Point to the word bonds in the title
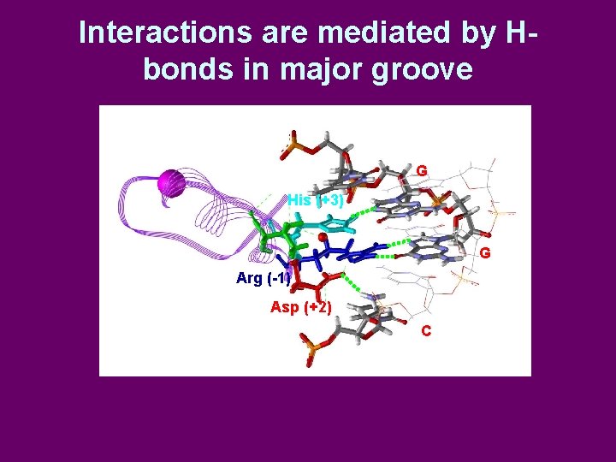(182, 68)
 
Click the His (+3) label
(315, 200)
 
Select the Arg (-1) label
(263, 278)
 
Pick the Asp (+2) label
(301, 307)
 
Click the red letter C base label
(426, 330)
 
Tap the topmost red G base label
(422, 171)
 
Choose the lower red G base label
(485, 253)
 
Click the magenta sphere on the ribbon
(172, 182)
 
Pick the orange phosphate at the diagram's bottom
(313, 350)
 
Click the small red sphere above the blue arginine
(323, 237)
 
